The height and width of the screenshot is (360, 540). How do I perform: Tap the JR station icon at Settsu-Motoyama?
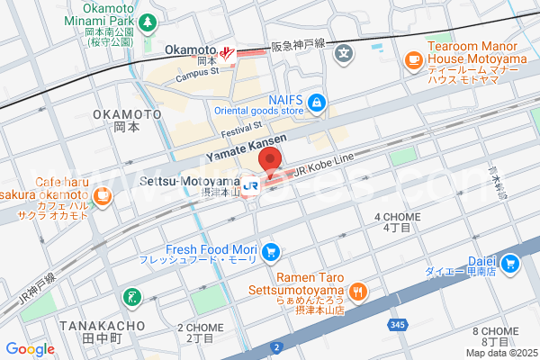[x=253, y=184]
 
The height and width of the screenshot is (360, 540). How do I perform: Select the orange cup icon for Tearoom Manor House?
[x=414, y=60]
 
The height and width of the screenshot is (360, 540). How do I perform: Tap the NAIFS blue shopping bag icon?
[x=315, y=101]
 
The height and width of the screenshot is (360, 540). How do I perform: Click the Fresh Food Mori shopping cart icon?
[x=269, y=250]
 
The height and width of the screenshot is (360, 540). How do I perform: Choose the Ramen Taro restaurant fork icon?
[x=358, y=290]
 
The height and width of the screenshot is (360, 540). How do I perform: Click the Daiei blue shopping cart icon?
[x=510, y=264]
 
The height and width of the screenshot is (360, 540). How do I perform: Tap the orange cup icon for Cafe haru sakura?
[x=103, y=193]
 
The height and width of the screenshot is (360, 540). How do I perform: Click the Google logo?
[x=30, y=348]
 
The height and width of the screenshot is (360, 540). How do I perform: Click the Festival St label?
[x=240, y=130]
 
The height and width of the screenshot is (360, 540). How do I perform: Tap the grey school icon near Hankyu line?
[x=343, y=53]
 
